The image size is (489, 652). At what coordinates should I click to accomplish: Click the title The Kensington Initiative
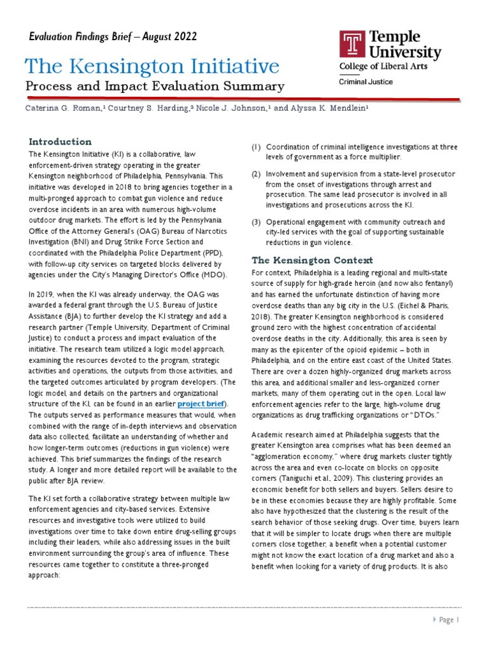(x=152, y=66)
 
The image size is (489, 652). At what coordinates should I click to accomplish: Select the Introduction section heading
(x=60, y=141)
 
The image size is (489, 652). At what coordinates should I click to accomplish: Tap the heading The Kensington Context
(x=304, y=260)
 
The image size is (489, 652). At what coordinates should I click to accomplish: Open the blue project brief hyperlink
(x=201, y=404)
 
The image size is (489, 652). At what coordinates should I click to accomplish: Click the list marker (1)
(x=256, y=147)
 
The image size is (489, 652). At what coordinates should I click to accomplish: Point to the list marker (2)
(x=256, y=174)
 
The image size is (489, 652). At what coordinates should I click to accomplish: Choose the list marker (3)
(x=256, y=222)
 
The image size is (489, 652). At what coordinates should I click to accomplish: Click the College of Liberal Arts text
(x=383, y=66)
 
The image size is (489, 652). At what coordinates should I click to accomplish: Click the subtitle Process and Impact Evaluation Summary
(x=155, y=86)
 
